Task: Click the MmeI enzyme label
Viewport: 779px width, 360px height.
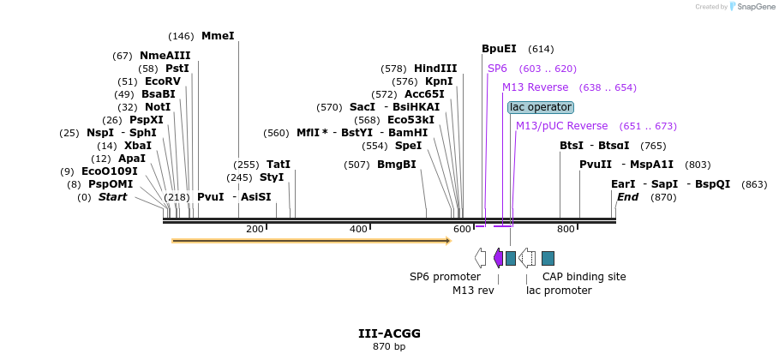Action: click(x=218, y=36)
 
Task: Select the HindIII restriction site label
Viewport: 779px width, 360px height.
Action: click(x=435, y=69)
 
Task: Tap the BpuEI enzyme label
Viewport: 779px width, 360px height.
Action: click(x=499, y=49)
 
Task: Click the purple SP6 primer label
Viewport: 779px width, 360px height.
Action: click(x=497, y=69)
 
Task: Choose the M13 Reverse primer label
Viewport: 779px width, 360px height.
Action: click(x=535, y=87)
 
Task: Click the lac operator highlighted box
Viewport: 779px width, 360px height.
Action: click(x=540, y=107)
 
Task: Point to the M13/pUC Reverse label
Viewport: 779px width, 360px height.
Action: click(x=561, y=126)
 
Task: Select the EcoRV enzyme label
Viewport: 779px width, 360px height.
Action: click(x=162, y=81)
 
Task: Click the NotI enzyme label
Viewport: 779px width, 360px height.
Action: click(x=158, y=107)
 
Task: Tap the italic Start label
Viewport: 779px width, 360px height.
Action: click(x=112, y=197)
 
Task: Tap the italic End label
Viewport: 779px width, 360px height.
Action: click(x=627, y=197)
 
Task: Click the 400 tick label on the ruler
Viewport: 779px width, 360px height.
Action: click(x=358, y=229)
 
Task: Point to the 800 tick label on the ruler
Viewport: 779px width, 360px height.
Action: click(x=566, y=229)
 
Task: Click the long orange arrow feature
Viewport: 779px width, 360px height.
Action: click(x=311, y=241)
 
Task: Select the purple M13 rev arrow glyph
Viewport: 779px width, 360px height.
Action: click(x=498, y=258)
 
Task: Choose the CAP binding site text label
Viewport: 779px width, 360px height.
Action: click(x=584, y=277)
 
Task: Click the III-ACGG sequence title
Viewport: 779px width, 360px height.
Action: click(x=389, y=333)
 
